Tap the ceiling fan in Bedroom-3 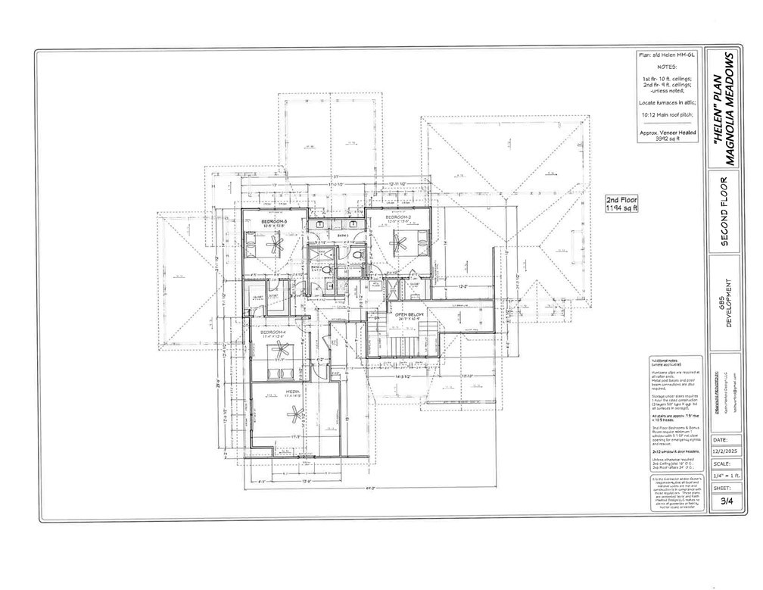[x=276, y=244]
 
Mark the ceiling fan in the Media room [x=295, y=413]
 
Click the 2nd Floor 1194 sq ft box [x=622, y=204]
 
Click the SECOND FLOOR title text [x=724, y=213]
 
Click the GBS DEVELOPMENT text [x=725, y=301]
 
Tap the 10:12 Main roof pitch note [x=667, y=115]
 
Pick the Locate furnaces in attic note [x=667, y=101]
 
